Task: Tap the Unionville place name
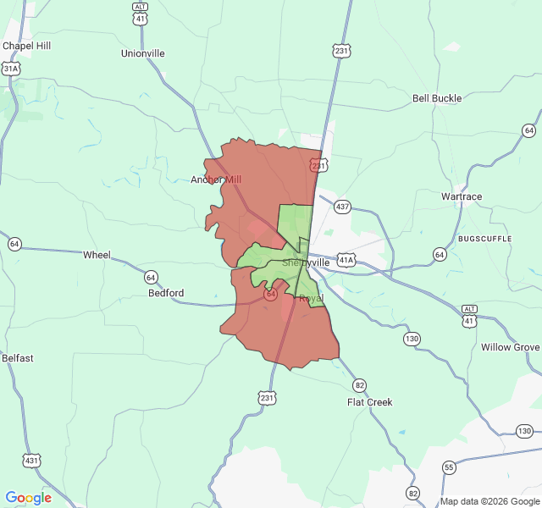click(142, 53)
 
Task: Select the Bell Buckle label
click(437, 98)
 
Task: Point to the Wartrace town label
click(462, 196)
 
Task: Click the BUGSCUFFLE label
click(486, 240)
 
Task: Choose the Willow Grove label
click(510, 347)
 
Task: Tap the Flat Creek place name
click(370, 402)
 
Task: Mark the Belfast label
click(17, 358)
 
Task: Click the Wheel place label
click(97, 255)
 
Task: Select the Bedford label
click(166, 293)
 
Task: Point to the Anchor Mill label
click(216, 179)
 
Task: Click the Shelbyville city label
click(306, 263)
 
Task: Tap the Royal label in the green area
click(311, 298)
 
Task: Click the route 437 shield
click(342, 207)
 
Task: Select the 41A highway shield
click(346, 259)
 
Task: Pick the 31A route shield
click(10, 68)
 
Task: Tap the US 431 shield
click(31, 461)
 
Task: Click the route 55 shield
click(448, 467)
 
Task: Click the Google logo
click(29, 498)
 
